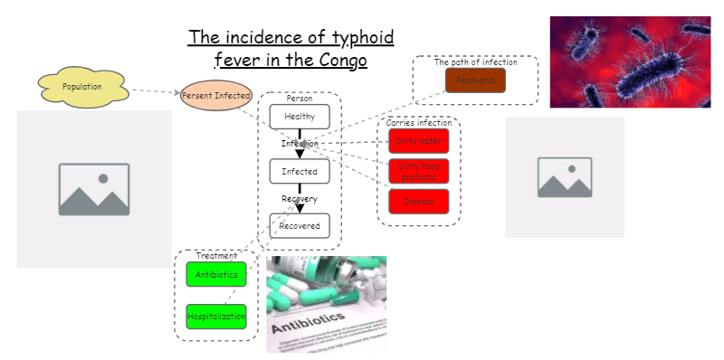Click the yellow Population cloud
click(x=82, y=87)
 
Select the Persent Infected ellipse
click(x=215, y=95)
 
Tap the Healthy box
click(x=300, y=117)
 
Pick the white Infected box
click(x=300, y=171)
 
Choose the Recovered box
click(x=300, y=225)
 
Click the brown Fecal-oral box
click(x=475, y=81)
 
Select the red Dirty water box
click(x=419, y=141)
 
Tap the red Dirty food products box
click(x=419, y=171)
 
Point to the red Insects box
click(x=419, y=201)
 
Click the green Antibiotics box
click(x=216, y=274)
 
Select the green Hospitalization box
click(x=216, y=317)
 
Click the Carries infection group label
click(x=419, y=122)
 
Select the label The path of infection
click(x=475, y=62)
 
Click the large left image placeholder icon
click(x=94, y=189)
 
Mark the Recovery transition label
click(x=300, y=198)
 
